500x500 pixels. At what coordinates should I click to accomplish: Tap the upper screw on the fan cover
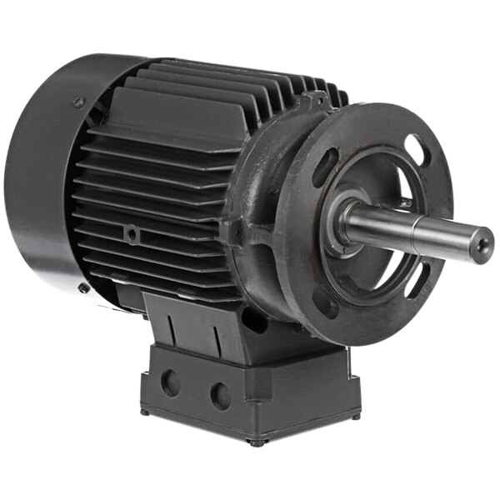[79, 102]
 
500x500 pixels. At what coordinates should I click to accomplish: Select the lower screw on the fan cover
[84, 288]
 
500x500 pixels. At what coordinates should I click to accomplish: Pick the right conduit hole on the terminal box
[220, 395]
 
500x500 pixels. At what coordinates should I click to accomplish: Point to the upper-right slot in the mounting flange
[413, 149]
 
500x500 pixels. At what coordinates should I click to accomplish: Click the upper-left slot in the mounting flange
[326, 163]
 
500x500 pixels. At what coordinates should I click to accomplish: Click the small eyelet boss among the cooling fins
[132, 236]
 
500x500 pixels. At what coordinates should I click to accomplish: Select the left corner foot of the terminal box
[144, 411]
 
